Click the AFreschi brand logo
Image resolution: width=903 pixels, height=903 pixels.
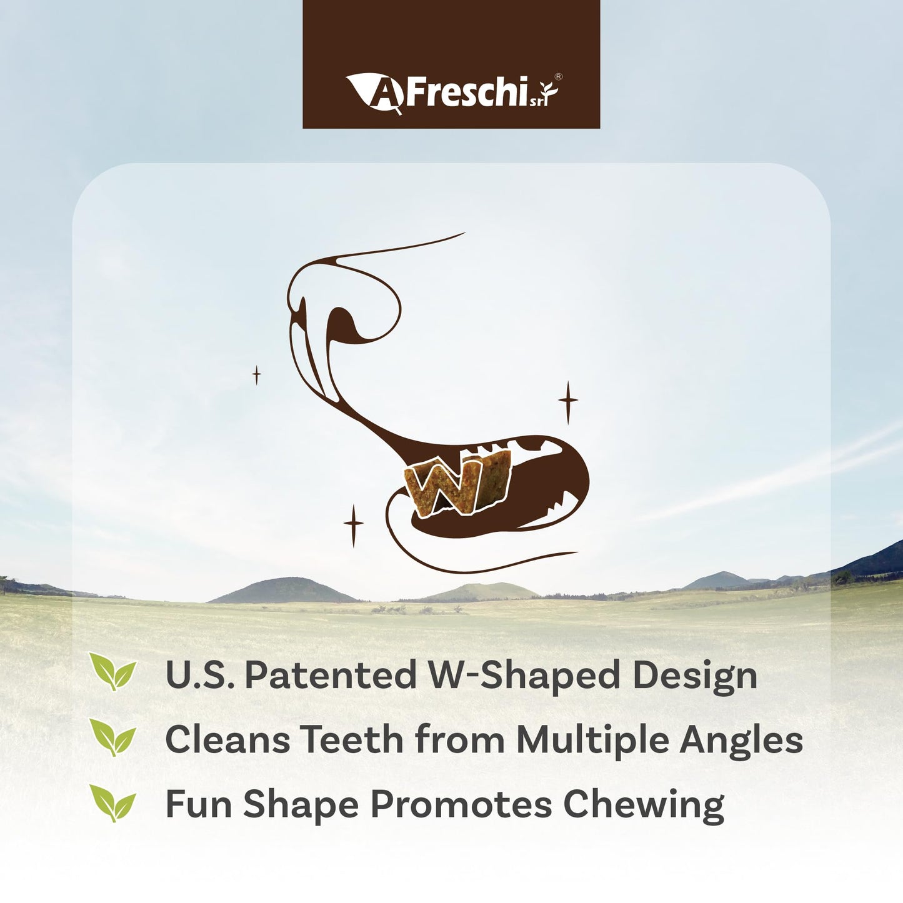tap(451, 93)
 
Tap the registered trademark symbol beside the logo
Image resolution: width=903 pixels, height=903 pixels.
tap(558, 77)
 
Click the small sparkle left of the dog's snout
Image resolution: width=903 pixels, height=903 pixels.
tap(256, 375)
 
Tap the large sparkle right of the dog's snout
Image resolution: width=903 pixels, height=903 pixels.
tap(567, 401)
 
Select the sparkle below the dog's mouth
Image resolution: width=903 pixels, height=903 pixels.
tap(354, 525)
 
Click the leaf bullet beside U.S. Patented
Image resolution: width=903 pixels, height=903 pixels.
tap(112, 672)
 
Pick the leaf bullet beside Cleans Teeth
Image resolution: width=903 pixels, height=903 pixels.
tap(112, 737)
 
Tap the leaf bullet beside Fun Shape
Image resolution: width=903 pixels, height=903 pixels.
tap(112, 802)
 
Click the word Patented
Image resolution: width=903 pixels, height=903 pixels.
tap(330, 676)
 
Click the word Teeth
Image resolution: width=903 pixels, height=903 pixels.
tap(352, 740)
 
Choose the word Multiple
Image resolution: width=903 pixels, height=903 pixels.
tap(592, 741)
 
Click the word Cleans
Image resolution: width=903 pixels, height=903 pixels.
tap(227, 740)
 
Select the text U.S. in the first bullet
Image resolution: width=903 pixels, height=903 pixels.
tap(200, 676)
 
